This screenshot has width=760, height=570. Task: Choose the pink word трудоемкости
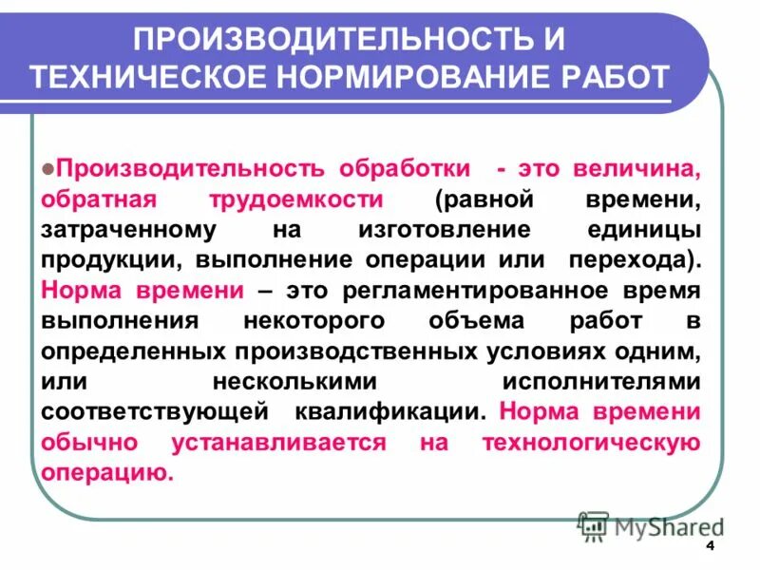[x=305, y=200]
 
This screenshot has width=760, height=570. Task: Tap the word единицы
[x=645, y=231]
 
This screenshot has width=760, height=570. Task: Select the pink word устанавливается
[x=279, y=443]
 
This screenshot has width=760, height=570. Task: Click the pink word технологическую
[x=591, y=443]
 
